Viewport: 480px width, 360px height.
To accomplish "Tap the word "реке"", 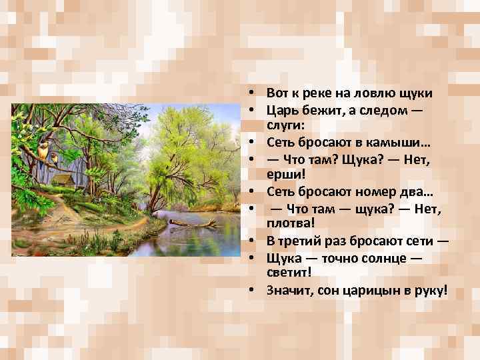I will pos(315,93).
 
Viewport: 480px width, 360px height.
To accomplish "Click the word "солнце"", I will pos(377,257).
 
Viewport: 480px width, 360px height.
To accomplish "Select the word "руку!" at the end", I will pos(429,290).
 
